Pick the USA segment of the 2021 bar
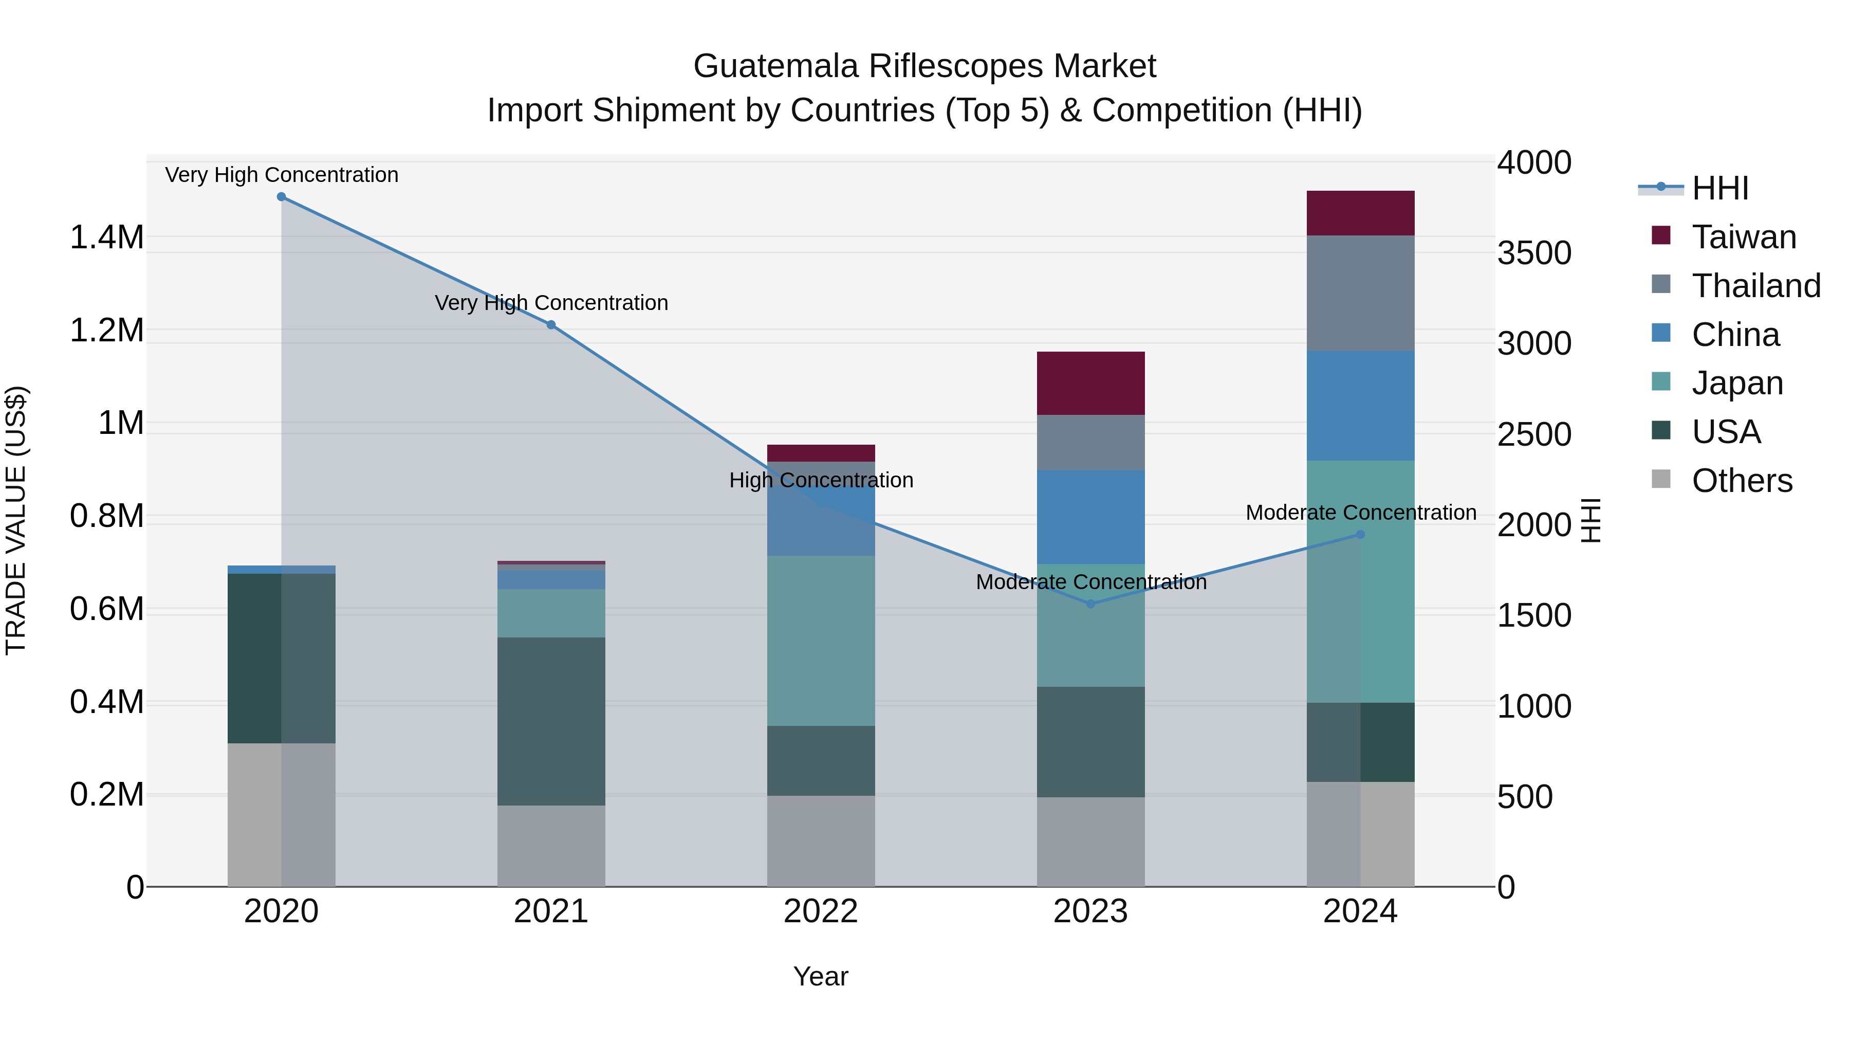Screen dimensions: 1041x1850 [551, 721]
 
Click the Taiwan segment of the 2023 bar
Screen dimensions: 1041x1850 [1090, 383]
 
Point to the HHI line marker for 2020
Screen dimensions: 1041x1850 [282, 197]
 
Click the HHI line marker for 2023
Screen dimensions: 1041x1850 [1090, 604]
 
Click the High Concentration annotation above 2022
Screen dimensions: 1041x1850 [821, 480]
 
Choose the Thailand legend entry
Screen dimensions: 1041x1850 [1755, 285]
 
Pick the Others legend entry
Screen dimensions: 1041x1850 [1741, 480]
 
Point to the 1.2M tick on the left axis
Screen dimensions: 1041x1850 [106, 331]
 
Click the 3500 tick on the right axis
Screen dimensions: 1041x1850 [1534, 253]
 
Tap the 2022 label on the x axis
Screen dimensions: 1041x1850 [821, 911]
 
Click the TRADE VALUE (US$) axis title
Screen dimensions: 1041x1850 [16, 520]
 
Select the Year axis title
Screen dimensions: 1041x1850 [821, 976]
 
